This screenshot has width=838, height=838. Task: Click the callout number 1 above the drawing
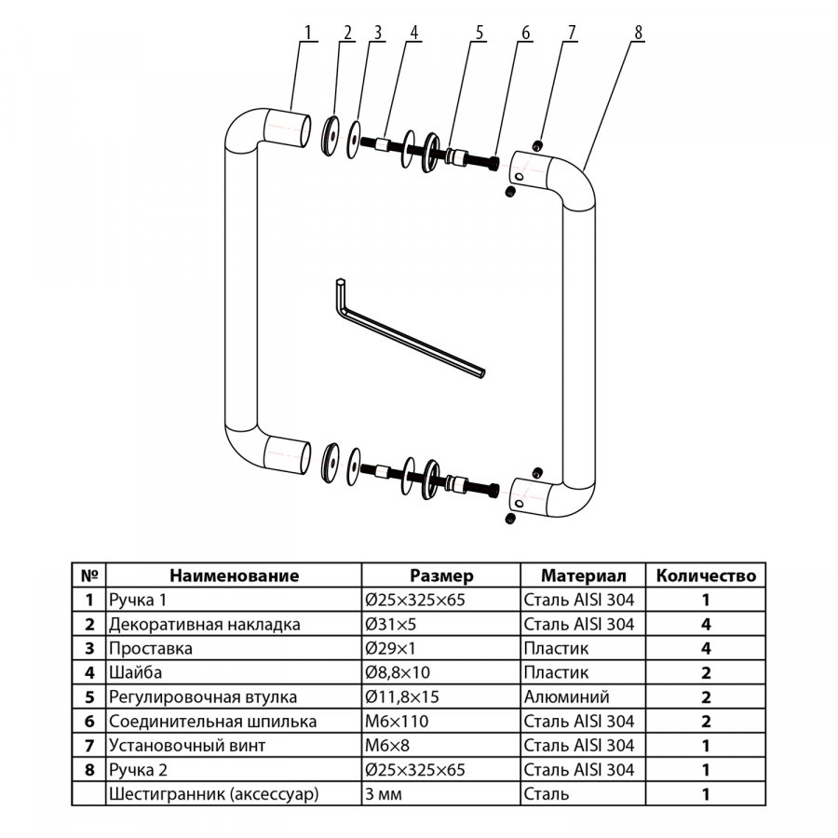308,32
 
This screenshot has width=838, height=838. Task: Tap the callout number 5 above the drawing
480,32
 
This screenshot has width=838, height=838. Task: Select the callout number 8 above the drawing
638,32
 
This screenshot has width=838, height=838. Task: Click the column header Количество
706,575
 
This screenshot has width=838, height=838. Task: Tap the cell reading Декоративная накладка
205,624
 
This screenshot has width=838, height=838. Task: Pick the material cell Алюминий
567,696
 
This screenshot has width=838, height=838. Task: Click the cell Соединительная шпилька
212,721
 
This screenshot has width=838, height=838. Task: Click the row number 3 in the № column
89,648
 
